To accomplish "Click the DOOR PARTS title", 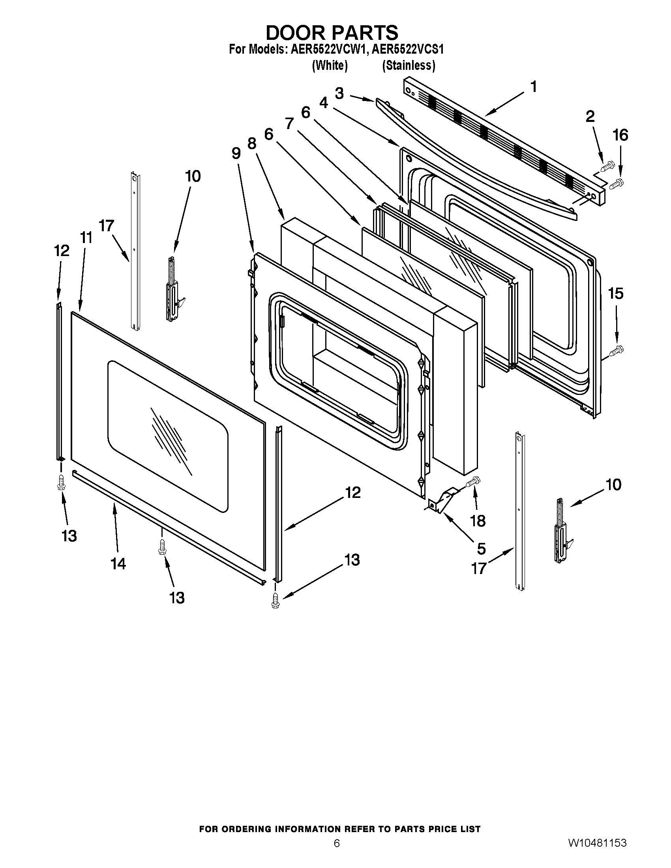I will pos(332,33).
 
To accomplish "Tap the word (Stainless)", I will pos(408,65).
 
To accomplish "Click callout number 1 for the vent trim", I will pos(534,87).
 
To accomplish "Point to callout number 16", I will pos(620,135).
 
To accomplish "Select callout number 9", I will pos(236,153).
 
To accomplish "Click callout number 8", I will pos(252,144).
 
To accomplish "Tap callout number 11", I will pos(86,238).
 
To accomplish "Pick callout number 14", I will pos(118,563).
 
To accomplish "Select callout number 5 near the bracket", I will pos(481,549).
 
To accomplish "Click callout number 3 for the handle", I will pos(339,94).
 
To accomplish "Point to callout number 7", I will pos(289,124).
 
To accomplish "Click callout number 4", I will pos(324,103).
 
